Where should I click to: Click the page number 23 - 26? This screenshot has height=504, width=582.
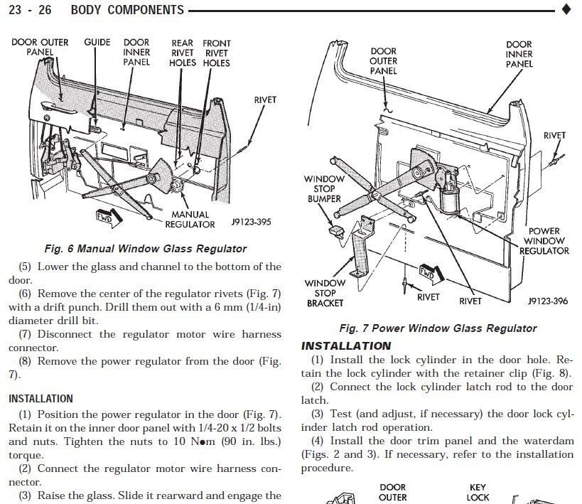pyautogui.click(x=30, y=10)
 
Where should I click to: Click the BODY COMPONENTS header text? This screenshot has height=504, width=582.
pyautogui.click(x=127, y=10)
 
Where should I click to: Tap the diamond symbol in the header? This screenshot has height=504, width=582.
pyautogui.click(x=566, y=9)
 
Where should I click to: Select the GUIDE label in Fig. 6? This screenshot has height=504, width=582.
pyautogui.click(x=97, y=43)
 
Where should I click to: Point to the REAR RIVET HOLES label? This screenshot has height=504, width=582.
pyautogui.click(x=182, y=53)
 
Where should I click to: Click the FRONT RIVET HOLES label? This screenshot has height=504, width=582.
pyautogui.click(x=216, y=53)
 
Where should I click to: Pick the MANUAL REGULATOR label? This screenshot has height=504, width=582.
pyautogui.click(x=190, y=219)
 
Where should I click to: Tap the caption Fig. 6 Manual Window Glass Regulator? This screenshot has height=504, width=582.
pyautogui.click(x=145, y=249)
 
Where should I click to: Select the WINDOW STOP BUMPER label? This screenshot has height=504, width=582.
pyautogui.click(x=324, y=189)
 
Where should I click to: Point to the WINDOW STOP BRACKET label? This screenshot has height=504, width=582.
pyautogui.click(x=325, y=293)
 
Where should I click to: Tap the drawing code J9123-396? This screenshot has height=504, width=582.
pyautogui.click(x=548, y=301)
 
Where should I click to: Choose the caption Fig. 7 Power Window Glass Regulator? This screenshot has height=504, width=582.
pyautogui.click(x=438, y=328)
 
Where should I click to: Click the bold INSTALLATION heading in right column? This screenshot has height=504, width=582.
pyautogui.click(x=346, y=346)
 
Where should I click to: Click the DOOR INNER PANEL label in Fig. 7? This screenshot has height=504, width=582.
pyautogui.click(x=519, y=54)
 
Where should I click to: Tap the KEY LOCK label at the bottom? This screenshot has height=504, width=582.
pyautogui.click(x=478, y=493)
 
